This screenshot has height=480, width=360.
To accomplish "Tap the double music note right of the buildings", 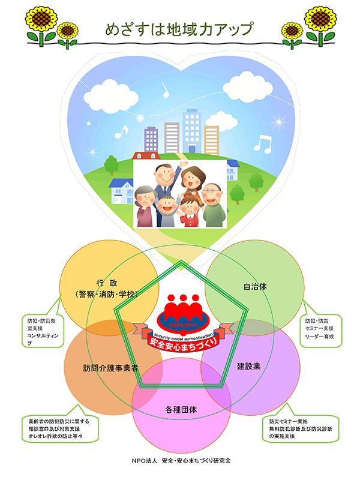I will click(262, 143).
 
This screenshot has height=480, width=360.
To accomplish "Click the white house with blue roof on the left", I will click(123, 190).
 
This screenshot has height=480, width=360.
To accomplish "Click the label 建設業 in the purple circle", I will click(248, 365).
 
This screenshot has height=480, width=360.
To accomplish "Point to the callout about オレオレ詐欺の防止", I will click(58, 429).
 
